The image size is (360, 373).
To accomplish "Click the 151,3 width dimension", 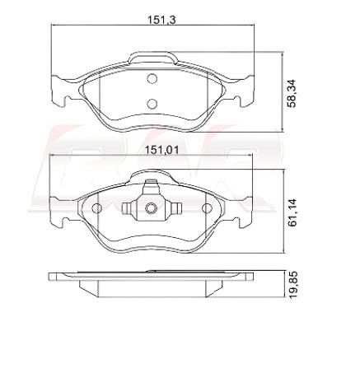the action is (161, 20).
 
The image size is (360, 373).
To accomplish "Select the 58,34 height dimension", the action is (291, 93).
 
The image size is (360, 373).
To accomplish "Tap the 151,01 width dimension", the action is (162, 150).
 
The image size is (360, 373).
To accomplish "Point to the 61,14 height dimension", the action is (292, 212).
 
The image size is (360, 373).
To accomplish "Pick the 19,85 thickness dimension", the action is (293, 285).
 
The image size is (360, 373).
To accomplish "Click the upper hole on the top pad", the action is (152, 79).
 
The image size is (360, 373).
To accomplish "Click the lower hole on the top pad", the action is (152, 104).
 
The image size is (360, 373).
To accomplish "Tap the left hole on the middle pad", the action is (97, 208).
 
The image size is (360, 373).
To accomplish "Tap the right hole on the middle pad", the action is (207, 208).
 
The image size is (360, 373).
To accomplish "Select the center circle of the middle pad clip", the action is (151, 208).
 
